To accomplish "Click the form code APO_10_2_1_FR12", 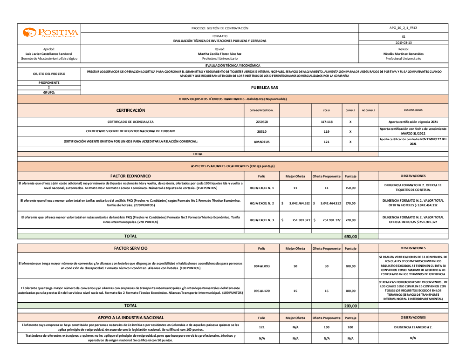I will coord(404,28).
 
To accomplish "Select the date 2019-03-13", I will coord(404,42).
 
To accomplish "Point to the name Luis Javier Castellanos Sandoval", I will coord(49,54).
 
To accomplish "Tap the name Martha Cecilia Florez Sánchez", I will coord(219,54).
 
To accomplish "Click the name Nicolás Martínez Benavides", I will coord(404,54).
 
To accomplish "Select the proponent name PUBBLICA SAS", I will coord(264,87).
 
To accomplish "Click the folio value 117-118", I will coord(326,122).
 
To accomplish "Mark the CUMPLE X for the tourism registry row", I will coord(350,132).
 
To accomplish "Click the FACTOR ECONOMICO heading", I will coord(130,176).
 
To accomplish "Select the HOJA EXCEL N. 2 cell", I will coord(262,204).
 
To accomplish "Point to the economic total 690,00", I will coord(350,237).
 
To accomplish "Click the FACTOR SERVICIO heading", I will coord(130,248).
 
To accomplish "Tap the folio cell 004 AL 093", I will coord(262,266).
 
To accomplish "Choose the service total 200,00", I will coord(350,306).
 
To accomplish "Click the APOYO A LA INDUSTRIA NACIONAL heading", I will coord(130,318).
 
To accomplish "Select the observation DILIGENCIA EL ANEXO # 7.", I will coord(413,327).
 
